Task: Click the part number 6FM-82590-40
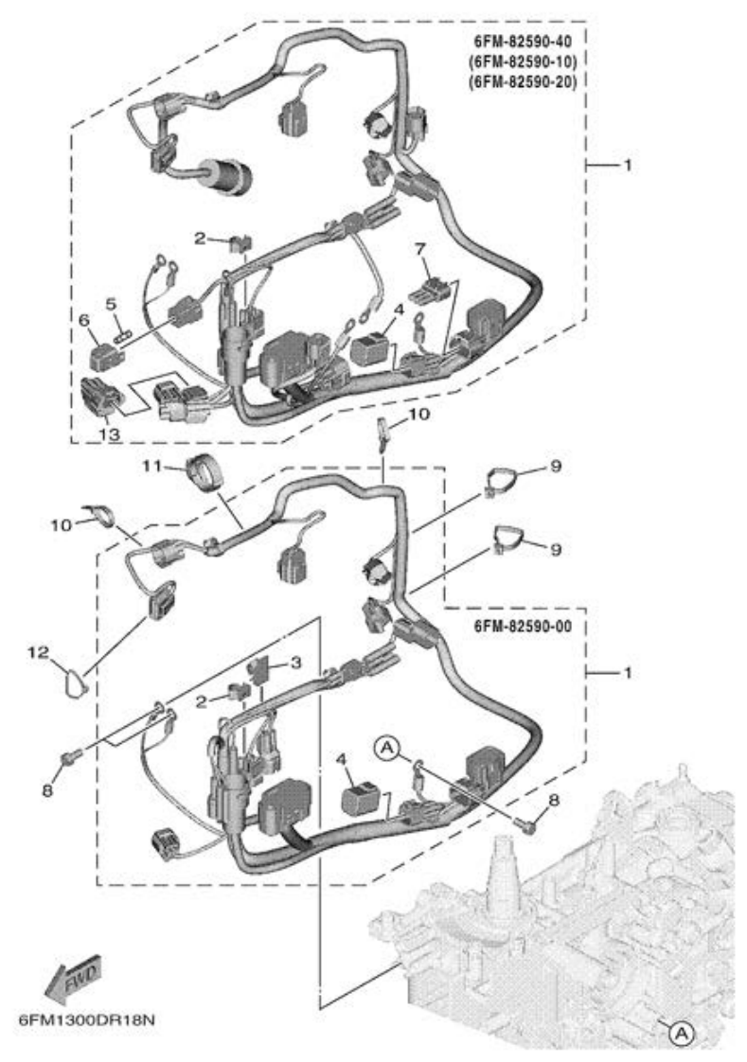click(525, 44)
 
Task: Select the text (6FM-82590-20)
click(525, 81)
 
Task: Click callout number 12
click(37, 652)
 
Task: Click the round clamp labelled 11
click(202, 469)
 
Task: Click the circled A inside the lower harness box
click(386, 747)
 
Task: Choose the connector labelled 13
click(101, 397)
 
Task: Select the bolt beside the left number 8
click(68, 755)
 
